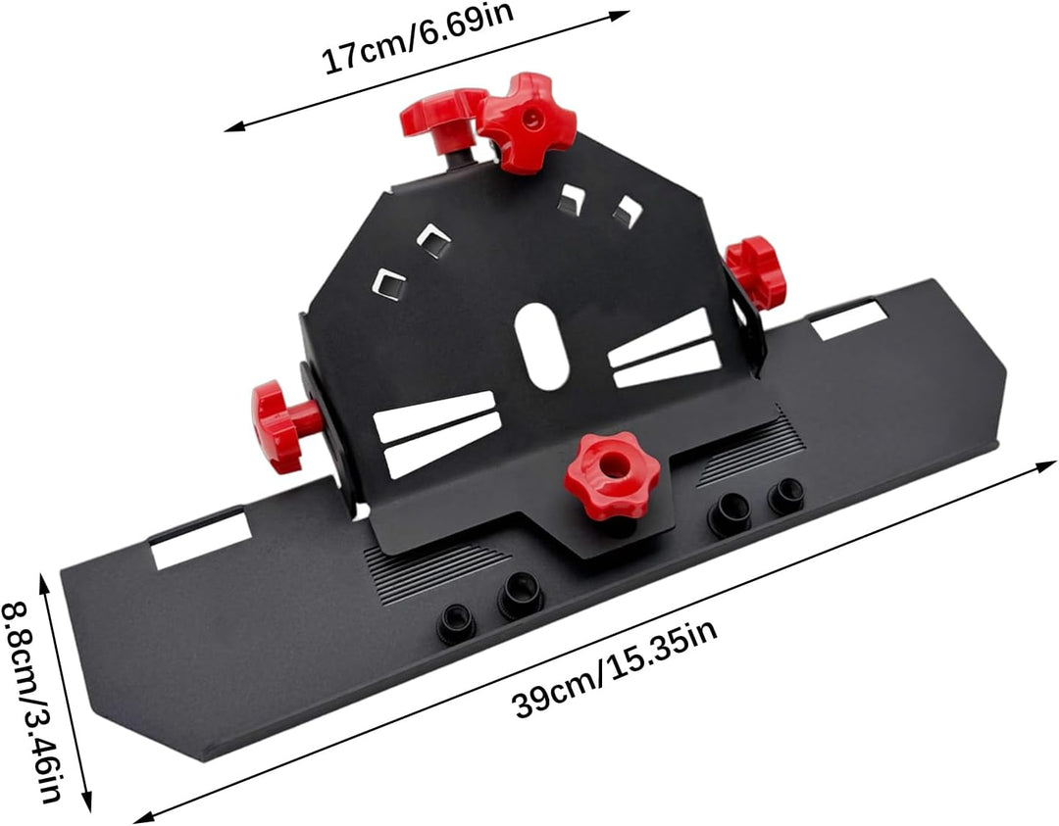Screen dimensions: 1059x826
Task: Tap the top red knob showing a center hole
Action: [x=527, y=122]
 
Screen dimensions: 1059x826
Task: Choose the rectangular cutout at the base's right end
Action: [x=849, y=319]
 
